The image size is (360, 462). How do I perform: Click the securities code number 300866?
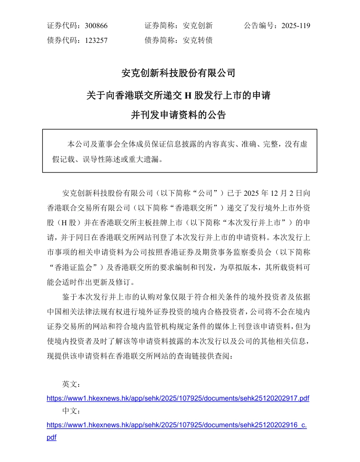(96, 26)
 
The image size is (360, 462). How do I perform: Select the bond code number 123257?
(96, 40)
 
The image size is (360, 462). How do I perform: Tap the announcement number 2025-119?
(296, 26)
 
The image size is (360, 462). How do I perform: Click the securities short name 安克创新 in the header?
(198, 26)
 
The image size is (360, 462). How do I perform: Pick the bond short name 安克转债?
(198, 40)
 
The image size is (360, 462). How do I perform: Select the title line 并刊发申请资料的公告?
(179, 115)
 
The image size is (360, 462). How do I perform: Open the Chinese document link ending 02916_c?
(177, 424)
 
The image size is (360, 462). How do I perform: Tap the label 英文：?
(71, 384)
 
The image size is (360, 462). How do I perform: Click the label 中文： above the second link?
(71, 411)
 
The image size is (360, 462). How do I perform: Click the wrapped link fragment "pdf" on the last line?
(51, 437)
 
